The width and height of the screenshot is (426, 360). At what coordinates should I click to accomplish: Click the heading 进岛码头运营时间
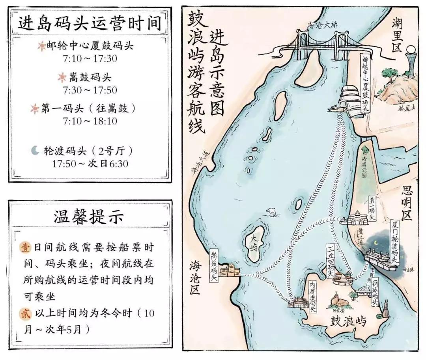coord(90,23)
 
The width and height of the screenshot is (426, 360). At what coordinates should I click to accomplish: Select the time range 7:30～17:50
coord(90,90)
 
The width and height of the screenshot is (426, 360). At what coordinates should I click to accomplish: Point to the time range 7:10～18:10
coord(90,121)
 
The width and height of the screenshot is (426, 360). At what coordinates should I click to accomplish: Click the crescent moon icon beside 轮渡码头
coord(36,150)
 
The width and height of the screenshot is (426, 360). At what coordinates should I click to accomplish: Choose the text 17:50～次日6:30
coord(90,163)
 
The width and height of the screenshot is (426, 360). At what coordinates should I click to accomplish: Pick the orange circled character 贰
coord(24,313)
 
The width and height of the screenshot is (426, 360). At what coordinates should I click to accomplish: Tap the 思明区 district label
coord(406,203)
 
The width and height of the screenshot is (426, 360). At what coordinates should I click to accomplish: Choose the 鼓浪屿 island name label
coord(349,322)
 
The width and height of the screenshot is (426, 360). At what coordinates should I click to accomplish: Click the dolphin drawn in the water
coord(272,212)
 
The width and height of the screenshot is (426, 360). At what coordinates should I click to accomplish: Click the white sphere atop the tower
coord(411,50)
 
